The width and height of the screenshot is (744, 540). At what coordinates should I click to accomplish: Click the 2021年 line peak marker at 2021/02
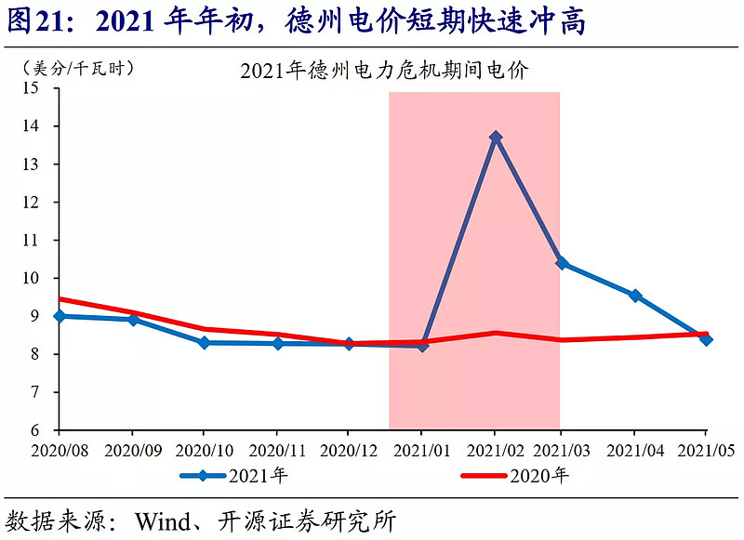[x=496, y=138]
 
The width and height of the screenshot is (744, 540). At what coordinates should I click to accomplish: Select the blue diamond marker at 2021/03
[x=561, y=263]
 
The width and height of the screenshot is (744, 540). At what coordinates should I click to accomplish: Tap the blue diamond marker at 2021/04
[x=635, y=296]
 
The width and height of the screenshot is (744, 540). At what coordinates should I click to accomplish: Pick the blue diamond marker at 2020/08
[x=60, y=316]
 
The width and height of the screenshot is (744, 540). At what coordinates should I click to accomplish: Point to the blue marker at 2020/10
[x=205, y=343]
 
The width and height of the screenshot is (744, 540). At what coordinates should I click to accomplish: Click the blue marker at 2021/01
[x=423, y=345]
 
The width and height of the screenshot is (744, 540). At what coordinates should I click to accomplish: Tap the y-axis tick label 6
[x=41, y=430]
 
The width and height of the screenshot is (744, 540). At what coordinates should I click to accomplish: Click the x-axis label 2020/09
[x=132, y=451]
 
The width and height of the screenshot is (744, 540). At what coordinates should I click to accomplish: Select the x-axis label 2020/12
[x=348, y=451]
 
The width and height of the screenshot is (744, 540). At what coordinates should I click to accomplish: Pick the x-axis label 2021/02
[x=494, y=451]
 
